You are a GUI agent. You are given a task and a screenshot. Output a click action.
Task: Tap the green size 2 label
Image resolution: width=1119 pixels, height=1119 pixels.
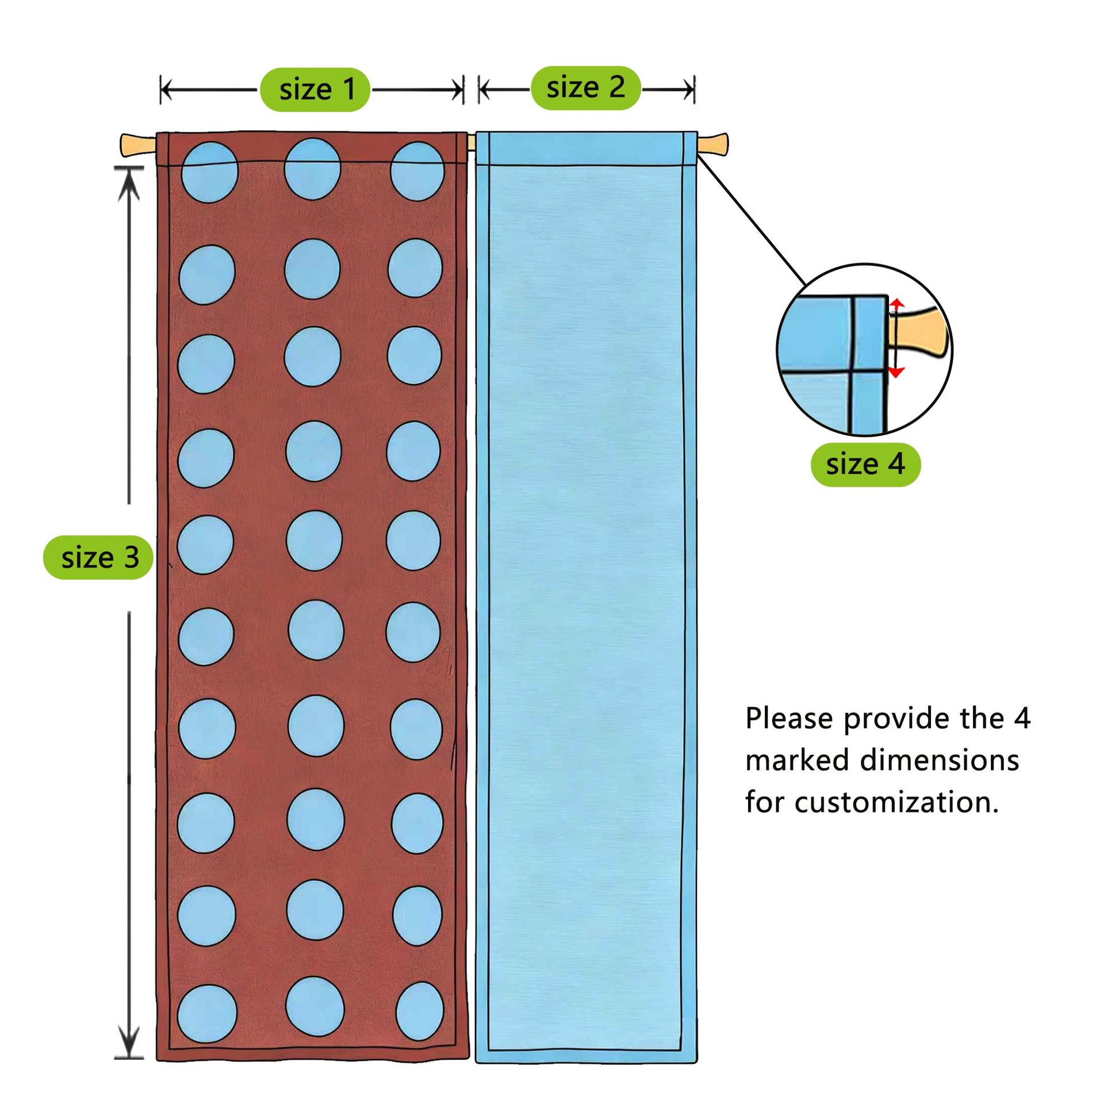pos(585,88)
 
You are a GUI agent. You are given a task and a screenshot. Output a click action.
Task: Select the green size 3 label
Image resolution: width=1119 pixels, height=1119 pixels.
pos(98,558)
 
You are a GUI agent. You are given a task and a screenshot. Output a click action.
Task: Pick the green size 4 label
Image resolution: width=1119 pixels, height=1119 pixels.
pos(865,465)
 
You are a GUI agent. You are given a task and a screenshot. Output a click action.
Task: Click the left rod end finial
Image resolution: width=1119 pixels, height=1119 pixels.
pos(139,145)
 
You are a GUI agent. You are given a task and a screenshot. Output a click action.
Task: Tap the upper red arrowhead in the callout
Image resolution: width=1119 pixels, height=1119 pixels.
pos(896,305)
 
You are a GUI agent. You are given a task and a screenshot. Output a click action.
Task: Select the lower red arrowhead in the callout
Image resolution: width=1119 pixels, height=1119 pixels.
pos(896,372)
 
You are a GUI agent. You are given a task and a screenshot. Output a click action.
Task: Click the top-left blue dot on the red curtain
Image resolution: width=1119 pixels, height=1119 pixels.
pos(210,172)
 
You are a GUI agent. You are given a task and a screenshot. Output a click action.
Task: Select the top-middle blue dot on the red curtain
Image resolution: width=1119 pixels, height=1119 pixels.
pos(312,168)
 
